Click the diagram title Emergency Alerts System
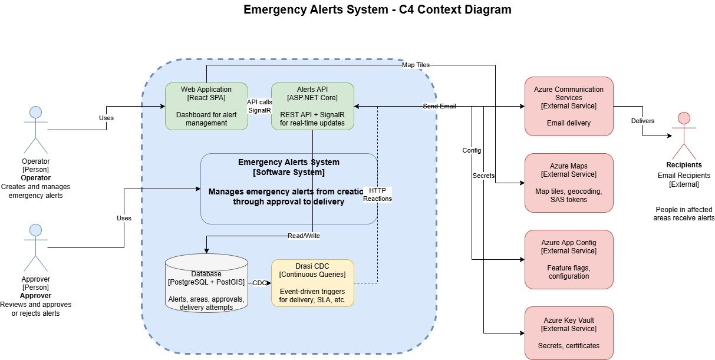coord(377,10)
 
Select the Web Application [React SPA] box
coord(206,106)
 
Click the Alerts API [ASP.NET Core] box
coord(312,106)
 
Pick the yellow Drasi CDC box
coord(312,283)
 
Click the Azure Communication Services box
coord(569,106)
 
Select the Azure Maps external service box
coord(569,183)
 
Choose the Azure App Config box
coord(569,259)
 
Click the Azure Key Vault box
coord(569,333)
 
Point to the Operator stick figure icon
coord(35,128)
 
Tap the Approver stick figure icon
coord(35,246)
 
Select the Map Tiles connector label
coord(416,65)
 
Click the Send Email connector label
coord(439,107)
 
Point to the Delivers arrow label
coord(642,121)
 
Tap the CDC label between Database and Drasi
coord(259,283)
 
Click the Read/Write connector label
coord(304,235)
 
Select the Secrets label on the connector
coord(483,176)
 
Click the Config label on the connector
coord(472,150)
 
